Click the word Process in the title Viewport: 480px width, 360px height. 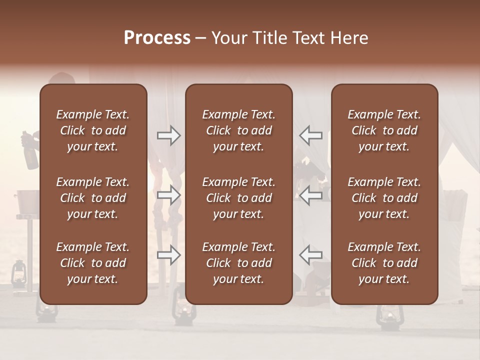[157, 37]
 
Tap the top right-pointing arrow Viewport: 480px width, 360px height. [169, 135]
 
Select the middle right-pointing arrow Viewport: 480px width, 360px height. [169, 195]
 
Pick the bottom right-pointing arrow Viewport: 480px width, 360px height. [169, 255]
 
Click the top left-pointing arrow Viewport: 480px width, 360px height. [311, 135]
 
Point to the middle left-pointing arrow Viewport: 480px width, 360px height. [311, 195]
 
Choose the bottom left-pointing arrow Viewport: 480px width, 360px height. [311, 255]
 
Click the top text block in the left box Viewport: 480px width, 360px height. [93, 130]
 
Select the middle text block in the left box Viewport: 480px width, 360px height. [93, 198]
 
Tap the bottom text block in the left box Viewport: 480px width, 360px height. [93, 263]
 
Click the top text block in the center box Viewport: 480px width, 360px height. [238, 130]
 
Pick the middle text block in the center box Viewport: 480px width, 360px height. [238, 198]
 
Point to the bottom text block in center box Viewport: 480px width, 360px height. [238, 263]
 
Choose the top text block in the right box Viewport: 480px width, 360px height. [384, 130]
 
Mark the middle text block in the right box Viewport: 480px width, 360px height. [384, 198]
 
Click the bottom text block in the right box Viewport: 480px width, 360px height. [384, 263]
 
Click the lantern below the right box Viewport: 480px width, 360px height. [386, 317]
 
